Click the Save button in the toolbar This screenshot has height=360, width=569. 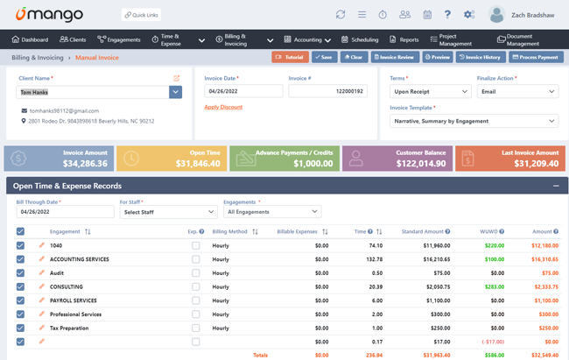click(324, 57)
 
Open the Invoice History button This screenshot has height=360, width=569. click(481, 57)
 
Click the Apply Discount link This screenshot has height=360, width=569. click(223, 107)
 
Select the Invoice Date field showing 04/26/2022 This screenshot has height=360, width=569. click(243, 91)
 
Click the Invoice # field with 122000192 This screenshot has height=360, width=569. click(327, 91)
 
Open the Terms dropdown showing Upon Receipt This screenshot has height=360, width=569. click(430, 91)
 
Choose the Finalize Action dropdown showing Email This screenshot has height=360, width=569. click(516, 91)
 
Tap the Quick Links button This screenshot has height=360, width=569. click(141, 15)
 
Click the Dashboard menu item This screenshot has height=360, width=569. click(31, 39)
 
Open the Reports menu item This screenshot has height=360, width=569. click(404, 39)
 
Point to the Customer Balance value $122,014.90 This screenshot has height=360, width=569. click(420, 164)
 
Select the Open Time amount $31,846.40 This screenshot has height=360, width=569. click(198, 164)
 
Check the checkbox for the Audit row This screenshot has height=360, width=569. click(20, 273)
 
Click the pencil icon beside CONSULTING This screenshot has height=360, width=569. click(41, 286)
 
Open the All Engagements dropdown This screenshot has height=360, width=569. click(272, 212)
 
